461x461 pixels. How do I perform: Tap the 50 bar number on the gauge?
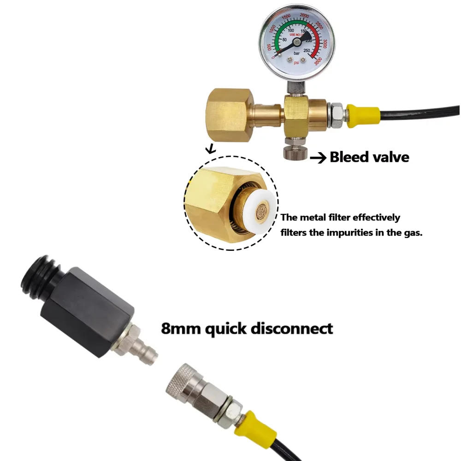284,40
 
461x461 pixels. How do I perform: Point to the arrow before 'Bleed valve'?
318,158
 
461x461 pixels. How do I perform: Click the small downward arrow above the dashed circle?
211,149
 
